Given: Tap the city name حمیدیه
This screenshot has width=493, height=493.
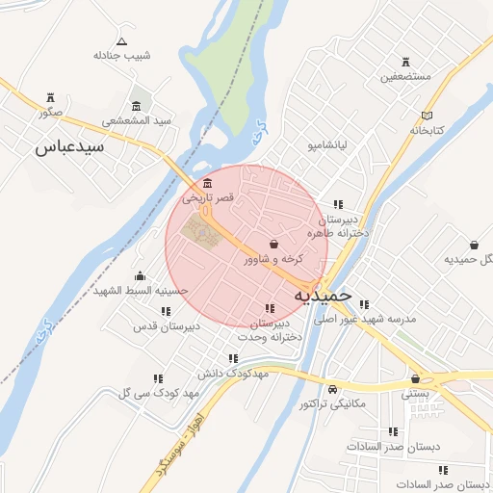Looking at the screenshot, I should click(x=323, y=293).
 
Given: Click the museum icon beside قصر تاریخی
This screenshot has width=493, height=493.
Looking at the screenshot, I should click(x=209, y=184).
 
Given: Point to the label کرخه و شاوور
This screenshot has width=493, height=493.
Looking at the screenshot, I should click(x=274, y=258).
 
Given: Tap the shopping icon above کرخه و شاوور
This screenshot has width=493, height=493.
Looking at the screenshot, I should click(x=274, y=244).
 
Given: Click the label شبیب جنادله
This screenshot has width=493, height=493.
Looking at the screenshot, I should click(x=121, y=55).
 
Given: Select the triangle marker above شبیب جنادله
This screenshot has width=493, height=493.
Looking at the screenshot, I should click(x=121, y=40).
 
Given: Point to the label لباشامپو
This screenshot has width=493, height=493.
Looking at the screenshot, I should click(x=306, y=145).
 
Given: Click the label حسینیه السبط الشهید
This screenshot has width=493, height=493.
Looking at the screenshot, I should click(x=141, y=290).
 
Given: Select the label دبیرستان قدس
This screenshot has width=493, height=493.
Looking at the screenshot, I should click(x=167, y=326).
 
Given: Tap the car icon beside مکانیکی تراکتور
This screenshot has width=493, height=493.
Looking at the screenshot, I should click(x=332, y=390).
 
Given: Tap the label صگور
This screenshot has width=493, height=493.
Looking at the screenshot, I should click(x=50, y=113).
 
